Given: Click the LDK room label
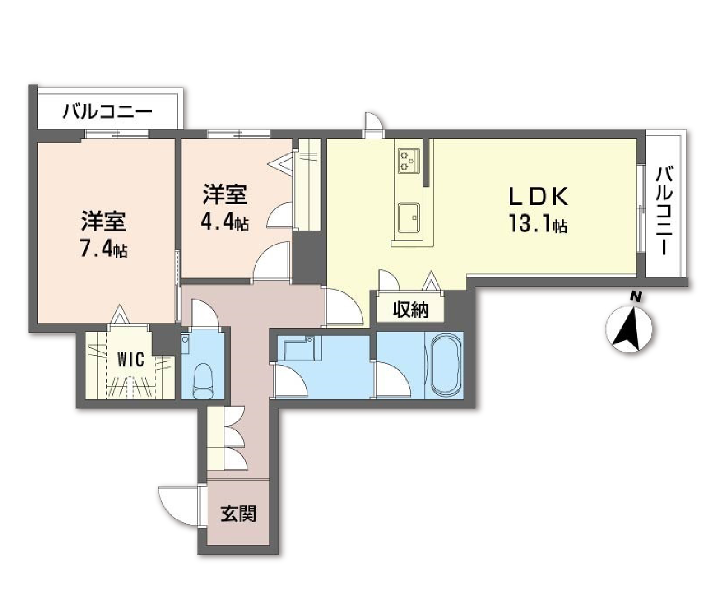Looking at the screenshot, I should tap(538, 197).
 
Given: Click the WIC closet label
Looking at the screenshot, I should tap(130, 360).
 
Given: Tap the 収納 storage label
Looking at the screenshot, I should tap(411, 310).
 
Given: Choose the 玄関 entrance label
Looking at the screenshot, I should tap(239, 514).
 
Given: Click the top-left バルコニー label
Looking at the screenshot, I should tap(108, 112).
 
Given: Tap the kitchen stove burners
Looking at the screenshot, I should tap(409, 160).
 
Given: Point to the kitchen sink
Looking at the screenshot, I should tap(409, 217).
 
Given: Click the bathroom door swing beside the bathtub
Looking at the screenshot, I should tap(392, 380).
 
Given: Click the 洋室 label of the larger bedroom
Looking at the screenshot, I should tap(103, 221).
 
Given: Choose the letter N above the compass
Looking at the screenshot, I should tap(635, 296).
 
